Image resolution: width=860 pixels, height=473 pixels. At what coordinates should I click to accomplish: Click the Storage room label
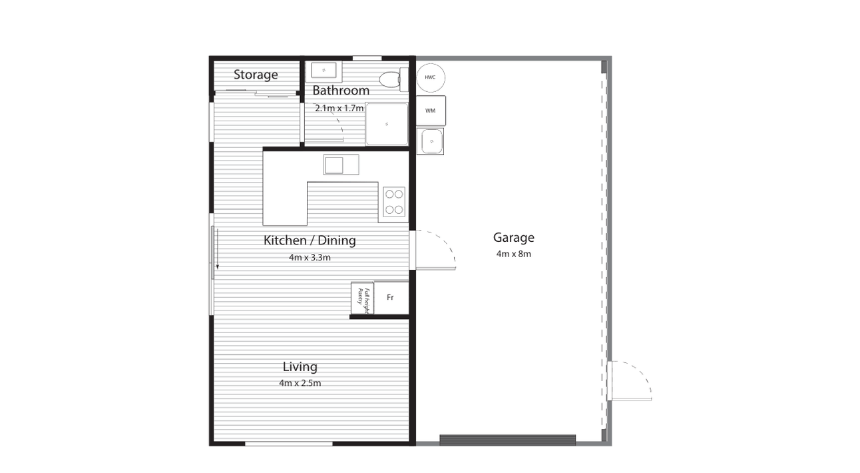point(256,75)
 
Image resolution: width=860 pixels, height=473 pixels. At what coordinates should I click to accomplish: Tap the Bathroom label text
point(341,91)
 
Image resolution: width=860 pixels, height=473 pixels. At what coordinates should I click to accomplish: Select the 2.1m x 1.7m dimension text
point(339,109)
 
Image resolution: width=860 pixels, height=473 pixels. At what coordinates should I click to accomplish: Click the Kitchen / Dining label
point(310,240)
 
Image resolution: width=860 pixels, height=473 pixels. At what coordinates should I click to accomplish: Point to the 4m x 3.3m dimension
point(310,257)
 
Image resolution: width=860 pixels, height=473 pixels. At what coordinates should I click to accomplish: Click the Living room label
point(300,366)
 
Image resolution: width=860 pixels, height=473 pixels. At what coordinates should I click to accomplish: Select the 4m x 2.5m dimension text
point(300,383)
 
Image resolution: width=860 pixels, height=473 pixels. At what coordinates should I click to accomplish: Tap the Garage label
point(514,237)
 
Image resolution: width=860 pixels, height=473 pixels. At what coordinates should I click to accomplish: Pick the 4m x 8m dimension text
point(514,254)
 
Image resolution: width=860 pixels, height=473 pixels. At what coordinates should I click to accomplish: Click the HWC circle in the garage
point(431,78)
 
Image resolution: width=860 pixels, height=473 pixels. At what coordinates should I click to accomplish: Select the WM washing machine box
point(431,111)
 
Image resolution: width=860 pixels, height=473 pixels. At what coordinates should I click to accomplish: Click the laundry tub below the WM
point(431,141)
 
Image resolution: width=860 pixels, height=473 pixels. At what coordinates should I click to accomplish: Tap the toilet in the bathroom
point(393,79)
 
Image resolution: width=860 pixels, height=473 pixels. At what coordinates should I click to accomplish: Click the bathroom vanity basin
point(323,71)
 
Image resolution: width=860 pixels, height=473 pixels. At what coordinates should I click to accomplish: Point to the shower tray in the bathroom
point(387,124)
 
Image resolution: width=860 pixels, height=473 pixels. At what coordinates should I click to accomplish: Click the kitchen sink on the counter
point(341,165)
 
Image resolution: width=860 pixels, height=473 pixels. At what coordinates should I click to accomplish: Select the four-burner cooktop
point(394,202)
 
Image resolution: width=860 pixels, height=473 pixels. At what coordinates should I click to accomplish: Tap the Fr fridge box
point(391,298)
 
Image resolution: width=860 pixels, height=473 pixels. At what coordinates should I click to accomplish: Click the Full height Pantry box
point(362,298)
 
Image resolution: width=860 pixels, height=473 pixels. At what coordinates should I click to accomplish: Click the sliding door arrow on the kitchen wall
point(217,249)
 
